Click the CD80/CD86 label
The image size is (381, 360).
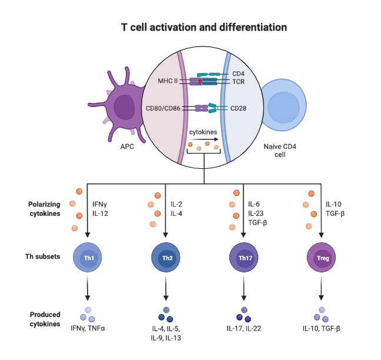pyautogui.click(x=163, y=108)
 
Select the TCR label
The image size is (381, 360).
pyautogui.click(x=238, y=82)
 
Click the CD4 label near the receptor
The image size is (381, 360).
pyautogui.click(x=238, y=73)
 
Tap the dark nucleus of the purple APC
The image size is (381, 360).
pyautogui.click(x=125, y=108)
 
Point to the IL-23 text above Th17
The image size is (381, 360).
pyautogui.click(x=255, y=214)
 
